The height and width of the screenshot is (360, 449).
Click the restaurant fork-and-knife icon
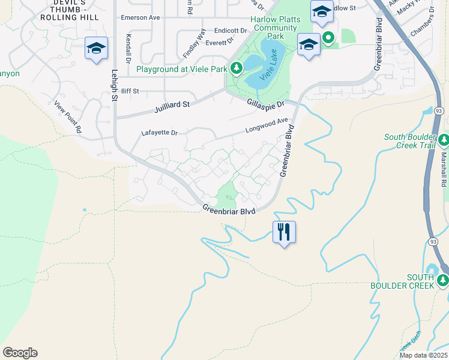click(x=284, y=232)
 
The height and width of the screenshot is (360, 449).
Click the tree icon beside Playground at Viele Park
click(x=237, y=69)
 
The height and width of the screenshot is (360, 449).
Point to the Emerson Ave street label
click(x=140, y=17)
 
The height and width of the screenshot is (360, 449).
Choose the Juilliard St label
click(x=172, y=104)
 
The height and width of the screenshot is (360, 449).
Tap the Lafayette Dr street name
click(x=160, y=133)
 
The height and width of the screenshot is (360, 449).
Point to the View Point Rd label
click(x=67, y=116)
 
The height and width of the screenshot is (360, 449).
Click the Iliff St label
click(x=130, y=91)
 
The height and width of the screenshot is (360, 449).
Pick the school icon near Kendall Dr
click(x=96, y=48)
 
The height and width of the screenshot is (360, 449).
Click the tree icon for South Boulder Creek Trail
click(x=443, y=140)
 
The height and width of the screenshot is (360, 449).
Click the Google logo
click(x=20, y=353)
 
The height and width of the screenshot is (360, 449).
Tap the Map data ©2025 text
click(x=424, y=355)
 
